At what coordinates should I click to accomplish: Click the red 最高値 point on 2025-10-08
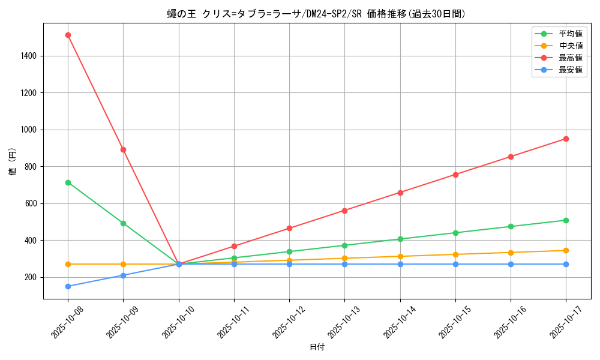pyautogui.click(x=68, y=35)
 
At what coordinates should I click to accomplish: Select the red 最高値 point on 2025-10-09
pyautogui.click(x=123, y=149)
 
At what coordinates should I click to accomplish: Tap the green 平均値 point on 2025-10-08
pyautogui.click(x=68, y=182)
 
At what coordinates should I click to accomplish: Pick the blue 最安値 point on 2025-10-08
pyautogui.click(x=68, y=286)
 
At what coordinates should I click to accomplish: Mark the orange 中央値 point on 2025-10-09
pyautogui.click(x=123, y=264)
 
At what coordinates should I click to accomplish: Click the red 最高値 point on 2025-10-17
pyautogui.click(x=566, y=139)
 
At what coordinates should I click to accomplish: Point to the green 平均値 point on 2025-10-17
pyautogui.click(x=566, y=220)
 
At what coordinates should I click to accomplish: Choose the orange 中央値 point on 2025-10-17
pyautogui.click(x=566, y=250)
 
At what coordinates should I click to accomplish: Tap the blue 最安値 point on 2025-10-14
pyautogui.click(x=400, y=264)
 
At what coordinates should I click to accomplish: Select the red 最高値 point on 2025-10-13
pyautogui.click(x=344, y=211)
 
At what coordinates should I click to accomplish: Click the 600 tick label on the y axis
pyautogui.click(x=31, y=203)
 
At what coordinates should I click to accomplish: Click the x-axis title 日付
pyautogui.click(x=317, y=347)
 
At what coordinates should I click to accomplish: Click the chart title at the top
pyautogui.click(x=317, y=14)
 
